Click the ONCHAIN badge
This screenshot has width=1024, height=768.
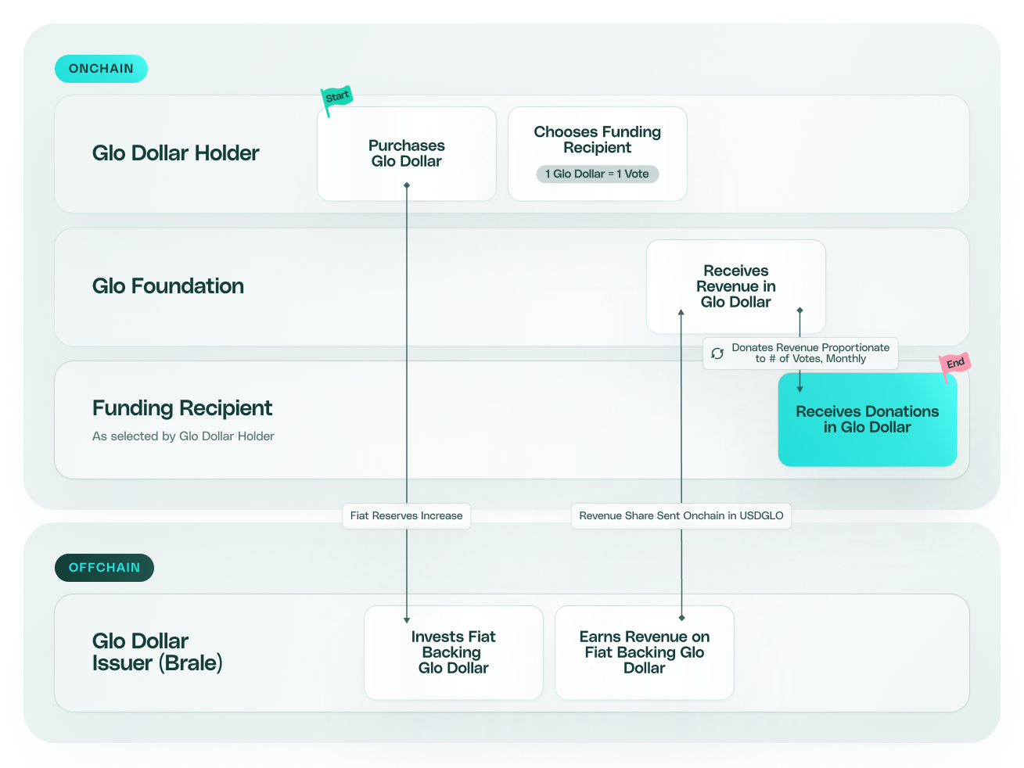(x=101, y=69)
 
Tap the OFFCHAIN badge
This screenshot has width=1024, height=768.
(x=104, y=568)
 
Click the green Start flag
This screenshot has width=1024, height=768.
(x=337, y=98)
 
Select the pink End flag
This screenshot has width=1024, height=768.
(x=955, y=364)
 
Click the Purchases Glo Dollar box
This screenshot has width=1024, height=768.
(x=406, y=154)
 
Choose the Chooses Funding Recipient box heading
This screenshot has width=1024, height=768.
(x=597, y=140)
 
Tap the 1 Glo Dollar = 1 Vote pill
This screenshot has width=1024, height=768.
(x=597, y=174)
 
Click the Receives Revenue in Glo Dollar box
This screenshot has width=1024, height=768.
(x=735, y=286)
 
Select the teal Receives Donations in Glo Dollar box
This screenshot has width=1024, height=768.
(x=867, y=420)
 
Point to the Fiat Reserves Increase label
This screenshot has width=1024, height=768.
(x=406, y=516)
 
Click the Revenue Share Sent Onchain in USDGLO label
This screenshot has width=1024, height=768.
(x=681, y=516)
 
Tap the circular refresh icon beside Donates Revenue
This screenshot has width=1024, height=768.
(x=717, y=353)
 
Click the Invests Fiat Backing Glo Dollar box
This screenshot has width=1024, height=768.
(x=453, y=652)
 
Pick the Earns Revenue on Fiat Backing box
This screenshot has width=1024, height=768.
(x=644, y=652)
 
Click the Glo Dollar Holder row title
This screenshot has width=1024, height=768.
(x=175, y=153)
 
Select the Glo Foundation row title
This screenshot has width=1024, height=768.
(x=167, y=286)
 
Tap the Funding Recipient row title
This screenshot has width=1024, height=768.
(x=182, y=408)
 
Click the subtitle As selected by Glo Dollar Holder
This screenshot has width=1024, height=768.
(x=183, y=436)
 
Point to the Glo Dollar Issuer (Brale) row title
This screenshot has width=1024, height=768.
(x=157, y=652)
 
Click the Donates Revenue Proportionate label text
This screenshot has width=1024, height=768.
(x=810, y=353)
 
